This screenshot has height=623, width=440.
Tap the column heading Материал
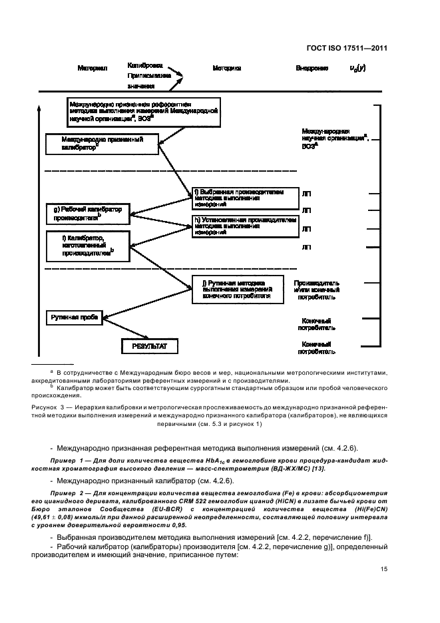(x=93, y=69)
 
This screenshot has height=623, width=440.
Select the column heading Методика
(x=226, y=69)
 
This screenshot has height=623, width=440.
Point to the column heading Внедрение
(x=312, y=69)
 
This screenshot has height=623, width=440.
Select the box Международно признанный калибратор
(x=103, y=144)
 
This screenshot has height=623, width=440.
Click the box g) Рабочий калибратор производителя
(x=87, y=213)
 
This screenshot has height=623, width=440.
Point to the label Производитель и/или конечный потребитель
(x=316, y=286)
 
